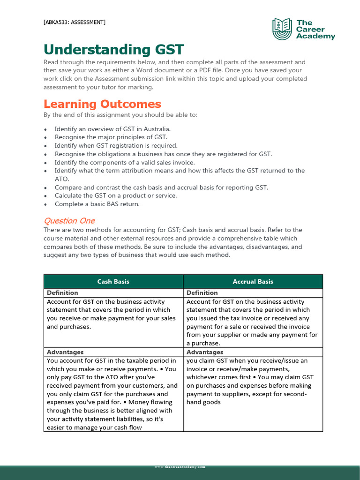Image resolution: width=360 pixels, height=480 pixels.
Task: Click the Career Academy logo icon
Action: coord(282,29)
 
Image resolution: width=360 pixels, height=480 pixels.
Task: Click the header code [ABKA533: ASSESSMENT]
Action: coord(75,22)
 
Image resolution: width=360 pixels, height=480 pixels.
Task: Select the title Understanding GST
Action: coord(114,50)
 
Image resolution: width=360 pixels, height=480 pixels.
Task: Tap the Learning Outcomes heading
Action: coord(102,104)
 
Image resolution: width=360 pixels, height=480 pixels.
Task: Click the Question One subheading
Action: coord(69,220)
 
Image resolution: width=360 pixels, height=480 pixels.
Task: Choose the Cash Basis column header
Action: coord(113,282)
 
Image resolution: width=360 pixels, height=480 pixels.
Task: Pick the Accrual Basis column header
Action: coord(253,282)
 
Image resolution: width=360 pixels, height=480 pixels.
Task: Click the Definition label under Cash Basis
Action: coord(62,293)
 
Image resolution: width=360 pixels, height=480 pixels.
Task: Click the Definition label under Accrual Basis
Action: coord(202,293)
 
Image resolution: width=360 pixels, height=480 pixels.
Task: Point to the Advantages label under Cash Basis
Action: coord(65,352)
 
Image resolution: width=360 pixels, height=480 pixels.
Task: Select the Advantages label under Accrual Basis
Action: coord(205,352)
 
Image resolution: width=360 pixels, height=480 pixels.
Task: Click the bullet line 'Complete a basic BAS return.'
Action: coord(97,204)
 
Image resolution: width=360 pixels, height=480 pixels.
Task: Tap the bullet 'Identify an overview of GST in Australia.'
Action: coord(112,129)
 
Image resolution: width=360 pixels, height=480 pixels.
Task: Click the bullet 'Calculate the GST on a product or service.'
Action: coord(116,195)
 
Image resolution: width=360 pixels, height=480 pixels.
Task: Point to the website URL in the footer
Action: coord(180,467)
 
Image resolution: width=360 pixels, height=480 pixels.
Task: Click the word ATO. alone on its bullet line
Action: coord(62,179)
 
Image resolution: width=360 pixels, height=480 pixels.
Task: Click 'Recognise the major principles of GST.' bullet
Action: coord(111,137)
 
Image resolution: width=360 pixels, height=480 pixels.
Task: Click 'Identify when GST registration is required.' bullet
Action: coord(116,146)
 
